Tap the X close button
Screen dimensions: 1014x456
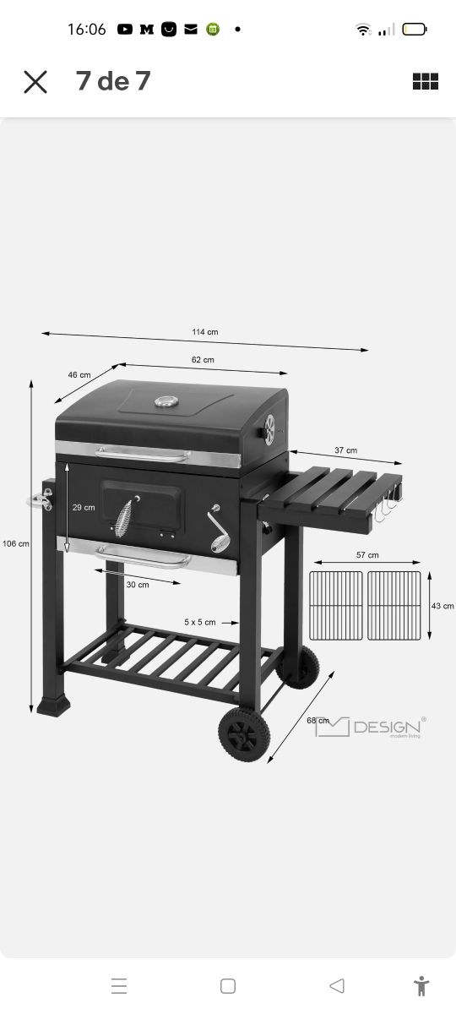tap(35, 82)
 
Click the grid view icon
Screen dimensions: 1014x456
tap(426, 82)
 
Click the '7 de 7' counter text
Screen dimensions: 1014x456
tap(113, 81)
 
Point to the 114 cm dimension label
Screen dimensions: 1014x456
tap(204, 332)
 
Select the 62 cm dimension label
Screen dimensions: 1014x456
tap(203, 360)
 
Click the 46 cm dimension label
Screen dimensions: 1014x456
tap(79, 374)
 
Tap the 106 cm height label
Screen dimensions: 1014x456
tap(15, 543)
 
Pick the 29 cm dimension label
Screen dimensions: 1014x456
tap(84, 508)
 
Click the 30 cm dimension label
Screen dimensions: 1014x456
tap(138, 585)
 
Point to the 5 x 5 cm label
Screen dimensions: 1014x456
tap(199, 622)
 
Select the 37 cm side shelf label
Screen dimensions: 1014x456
tap(345, 450)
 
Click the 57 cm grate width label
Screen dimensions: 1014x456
tap(367, 555)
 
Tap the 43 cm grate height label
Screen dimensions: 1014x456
tap(442, 606)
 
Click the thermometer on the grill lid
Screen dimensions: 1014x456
tap(163, 401)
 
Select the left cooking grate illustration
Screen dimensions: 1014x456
tap(336, 605)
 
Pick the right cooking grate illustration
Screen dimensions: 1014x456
tap(394, 605)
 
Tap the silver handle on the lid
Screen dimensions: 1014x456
tap(144, 455)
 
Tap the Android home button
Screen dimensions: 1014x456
tap(227, 986)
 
